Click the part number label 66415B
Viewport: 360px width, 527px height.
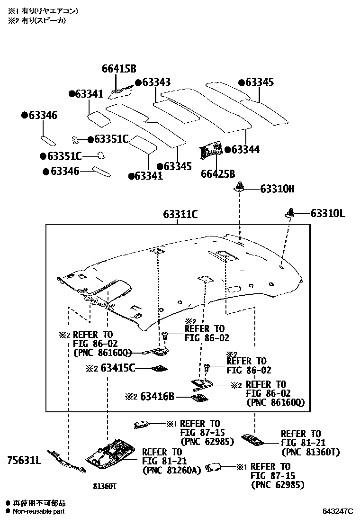pyautogui.click(x=119, y=68)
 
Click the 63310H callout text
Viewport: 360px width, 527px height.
pyautogui.click(x=277, y=189)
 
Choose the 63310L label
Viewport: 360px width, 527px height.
pyautogui.click(x=328, y=214)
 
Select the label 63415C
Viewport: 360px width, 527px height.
pyautogui.click(x=118, y=367)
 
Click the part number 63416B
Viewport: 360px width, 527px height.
pyautogui.click(x=157, y=396)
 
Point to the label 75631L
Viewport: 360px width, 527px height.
pyautogui.click(x=24, y=459)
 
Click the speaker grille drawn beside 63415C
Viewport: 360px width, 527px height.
pyautogui.click(x=159, y=368)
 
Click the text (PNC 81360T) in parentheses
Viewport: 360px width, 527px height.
pyautogui.click(x=310, y=452)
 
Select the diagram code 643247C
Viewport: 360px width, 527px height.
pyautogui.click(x=338, y=511)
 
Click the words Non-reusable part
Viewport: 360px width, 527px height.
pyautogui.click(x=39, y=511)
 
